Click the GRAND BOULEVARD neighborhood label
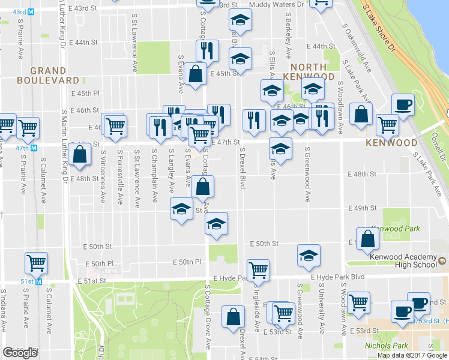(x=48, y=75)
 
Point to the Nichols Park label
(x=386, y=346)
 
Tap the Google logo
(x=20, y=353)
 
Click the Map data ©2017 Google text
(x=412, y=355)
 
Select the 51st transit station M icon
(x=39, y=281)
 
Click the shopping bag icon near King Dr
(x=80, y=155)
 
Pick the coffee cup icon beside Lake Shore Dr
(x=402, y=105)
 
